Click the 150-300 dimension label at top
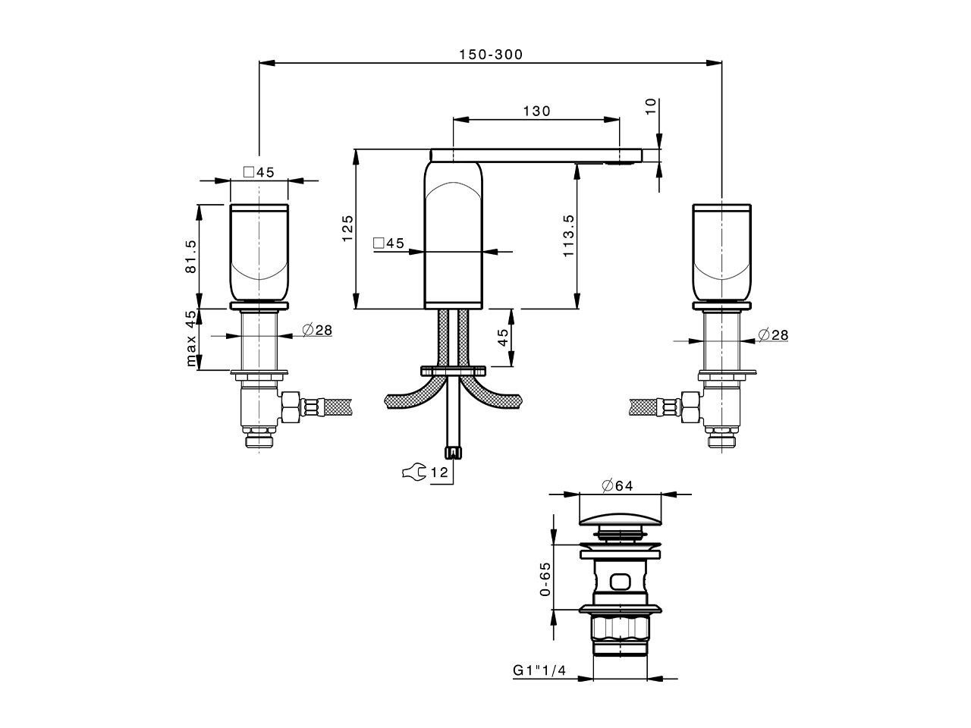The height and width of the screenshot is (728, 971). click(490, 55)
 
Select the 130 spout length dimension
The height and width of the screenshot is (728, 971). click(536, 111)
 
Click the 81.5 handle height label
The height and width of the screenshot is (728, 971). click(190, 256)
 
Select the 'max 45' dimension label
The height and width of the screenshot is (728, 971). click(191, 338)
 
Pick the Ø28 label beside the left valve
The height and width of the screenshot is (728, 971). click(317, 330)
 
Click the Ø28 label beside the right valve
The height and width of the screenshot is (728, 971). click(772, 334)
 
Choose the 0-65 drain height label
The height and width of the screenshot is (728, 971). click(545, 579)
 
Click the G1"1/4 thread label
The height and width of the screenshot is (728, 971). click(539, 670)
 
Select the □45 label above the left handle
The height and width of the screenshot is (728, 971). click(259, 172)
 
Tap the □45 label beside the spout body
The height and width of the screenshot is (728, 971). click(388, 243)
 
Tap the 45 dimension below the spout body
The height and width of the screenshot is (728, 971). click(502, 337)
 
